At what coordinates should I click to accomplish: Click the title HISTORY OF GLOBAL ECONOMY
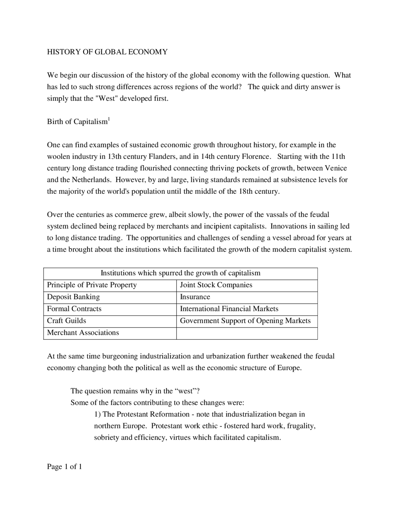[107, 52]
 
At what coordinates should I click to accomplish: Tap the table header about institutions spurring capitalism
[180, 273]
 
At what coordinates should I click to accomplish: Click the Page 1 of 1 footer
[64, 467]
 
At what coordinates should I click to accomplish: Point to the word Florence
[255, 156]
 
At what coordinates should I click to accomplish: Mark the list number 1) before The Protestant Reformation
[97, 414]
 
